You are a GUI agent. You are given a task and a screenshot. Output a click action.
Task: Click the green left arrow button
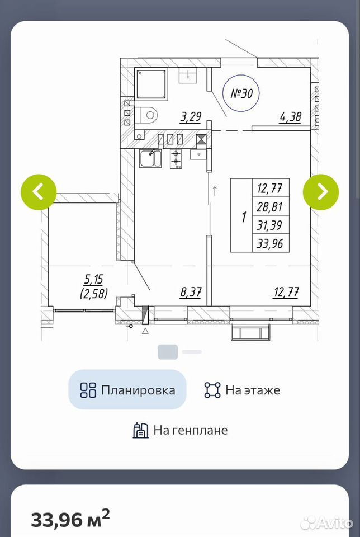39,192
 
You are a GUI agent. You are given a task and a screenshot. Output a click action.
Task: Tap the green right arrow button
321,192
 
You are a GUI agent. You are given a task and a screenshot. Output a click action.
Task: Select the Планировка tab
127,390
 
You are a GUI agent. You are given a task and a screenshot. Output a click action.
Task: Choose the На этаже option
242,390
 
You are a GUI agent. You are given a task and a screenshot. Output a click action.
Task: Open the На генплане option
181,430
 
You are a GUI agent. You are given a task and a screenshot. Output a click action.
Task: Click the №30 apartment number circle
241,93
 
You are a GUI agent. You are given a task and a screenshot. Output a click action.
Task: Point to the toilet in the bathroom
146,115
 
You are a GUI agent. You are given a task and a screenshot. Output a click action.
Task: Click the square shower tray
151,84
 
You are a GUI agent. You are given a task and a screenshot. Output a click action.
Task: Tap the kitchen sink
150,158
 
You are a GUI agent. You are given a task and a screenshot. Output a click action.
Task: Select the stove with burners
176,159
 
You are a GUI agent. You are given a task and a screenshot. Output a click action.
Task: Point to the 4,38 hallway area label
290,117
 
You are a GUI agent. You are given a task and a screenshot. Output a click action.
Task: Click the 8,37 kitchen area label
191,293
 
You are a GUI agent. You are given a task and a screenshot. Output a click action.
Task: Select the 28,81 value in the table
271,206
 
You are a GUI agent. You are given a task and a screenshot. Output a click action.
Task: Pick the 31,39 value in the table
271,225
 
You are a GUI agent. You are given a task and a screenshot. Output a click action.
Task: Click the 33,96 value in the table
271,243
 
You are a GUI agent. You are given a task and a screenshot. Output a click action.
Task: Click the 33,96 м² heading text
71,519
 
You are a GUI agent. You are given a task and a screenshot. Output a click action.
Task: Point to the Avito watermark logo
326,522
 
